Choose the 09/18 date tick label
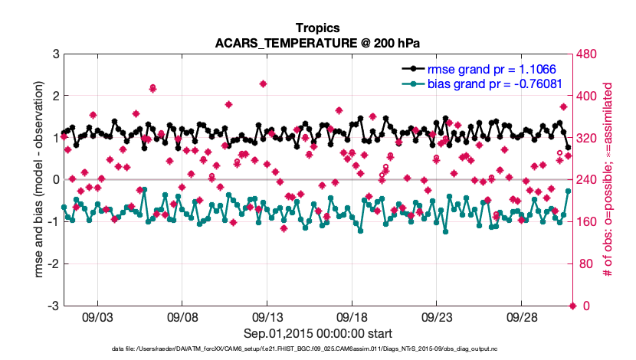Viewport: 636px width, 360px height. (353, 316)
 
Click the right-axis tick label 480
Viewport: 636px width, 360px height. (588, 54)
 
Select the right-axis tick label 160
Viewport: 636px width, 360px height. (588, 222)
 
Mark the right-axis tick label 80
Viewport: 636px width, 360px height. (585, 264)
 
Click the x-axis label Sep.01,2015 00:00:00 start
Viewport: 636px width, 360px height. (318, 333)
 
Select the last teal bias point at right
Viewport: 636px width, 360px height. (568, 191)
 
